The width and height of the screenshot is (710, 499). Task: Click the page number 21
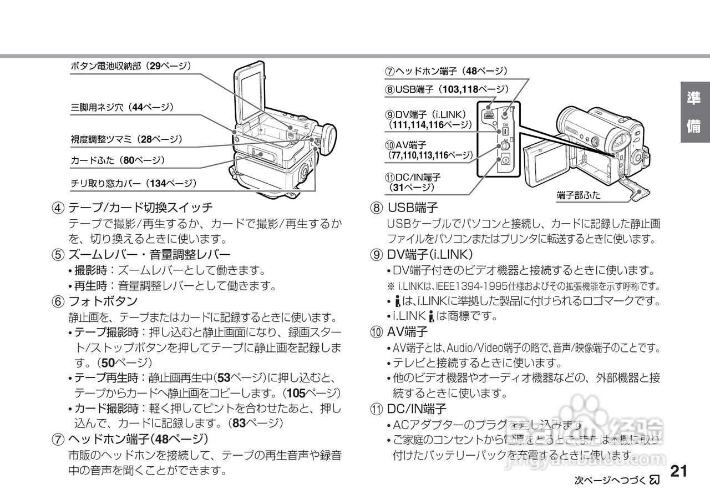pos(679,471)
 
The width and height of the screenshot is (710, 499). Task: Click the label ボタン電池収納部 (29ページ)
pos(130,66)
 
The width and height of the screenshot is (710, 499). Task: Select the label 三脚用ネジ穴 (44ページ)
pos(122,107)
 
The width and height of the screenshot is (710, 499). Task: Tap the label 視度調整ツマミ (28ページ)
pos(126,138)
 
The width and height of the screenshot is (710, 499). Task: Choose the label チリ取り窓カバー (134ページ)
pos(133,183)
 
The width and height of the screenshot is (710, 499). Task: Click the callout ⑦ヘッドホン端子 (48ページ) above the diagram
pos(447,72)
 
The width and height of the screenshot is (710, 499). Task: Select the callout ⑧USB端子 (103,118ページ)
pos(447,89)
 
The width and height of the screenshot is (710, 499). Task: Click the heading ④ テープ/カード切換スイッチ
pos(133,208)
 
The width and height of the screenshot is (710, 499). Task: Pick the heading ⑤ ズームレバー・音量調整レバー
pos(141,255)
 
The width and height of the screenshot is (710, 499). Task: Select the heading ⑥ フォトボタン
pos(95,301)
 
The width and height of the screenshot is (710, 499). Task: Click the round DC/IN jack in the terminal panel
pos(505,162)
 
